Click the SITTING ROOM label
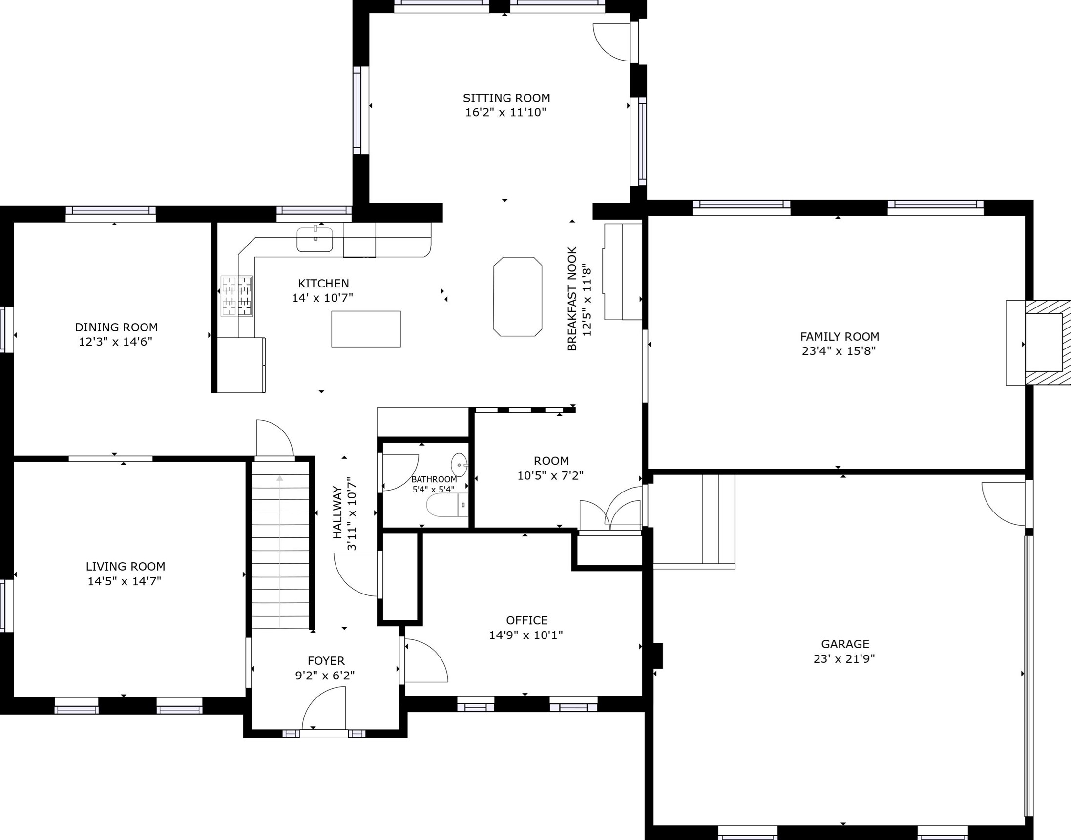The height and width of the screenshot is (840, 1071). click(506, 98)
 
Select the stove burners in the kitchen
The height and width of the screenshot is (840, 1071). click(237, 296)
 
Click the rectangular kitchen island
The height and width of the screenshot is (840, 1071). click(366, 329)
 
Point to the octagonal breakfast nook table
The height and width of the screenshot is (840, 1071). click(518, 297)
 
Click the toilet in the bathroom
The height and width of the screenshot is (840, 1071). click(447, 505)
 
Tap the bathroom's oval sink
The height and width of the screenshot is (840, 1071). click(460, 465)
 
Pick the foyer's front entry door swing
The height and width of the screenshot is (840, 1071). click(324, 708)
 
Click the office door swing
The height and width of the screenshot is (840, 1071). click(426, 660)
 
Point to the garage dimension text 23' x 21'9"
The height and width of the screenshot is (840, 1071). click(844, 658)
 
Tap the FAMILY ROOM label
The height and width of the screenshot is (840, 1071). click(840, 337)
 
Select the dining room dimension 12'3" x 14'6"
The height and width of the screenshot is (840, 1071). click(116, 342)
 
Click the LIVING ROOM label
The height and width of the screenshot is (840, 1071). click(126, 567)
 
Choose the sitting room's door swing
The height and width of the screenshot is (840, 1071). click(611, 42)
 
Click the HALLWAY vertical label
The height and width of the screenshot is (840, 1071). click(337, 512)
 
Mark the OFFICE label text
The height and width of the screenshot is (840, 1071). click(527, 621)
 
